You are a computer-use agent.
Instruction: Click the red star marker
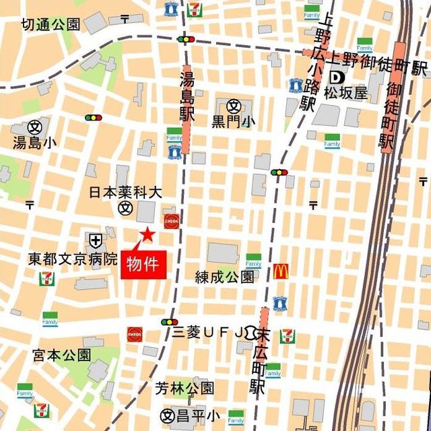click(146, 234)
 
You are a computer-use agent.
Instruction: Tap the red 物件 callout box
click(142, 263)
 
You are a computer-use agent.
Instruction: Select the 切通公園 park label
click(51, 25)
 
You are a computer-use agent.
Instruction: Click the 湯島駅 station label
click(187, 94)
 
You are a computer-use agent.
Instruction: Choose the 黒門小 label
click(234, 122)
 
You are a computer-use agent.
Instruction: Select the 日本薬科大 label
click(127, 193)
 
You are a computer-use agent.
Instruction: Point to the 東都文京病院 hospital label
click(73, 259)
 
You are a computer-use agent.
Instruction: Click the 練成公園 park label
click(224, 277)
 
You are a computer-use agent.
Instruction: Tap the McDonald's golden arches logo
click(281, 271)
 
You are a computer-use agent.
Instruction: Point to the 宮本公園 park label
click(61, 354)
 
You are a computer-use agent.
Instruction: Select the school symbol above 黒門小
click(234, 106)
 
